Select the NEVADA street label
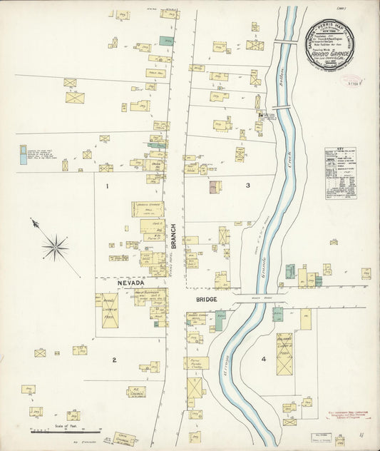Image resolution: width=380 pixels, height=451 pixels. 131,283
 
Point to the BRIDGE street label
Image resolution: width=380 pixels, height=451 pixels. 202,300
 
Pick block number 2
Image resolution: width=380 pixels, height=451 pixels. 113,360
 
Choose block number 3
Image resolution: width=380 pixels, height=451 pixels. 247,186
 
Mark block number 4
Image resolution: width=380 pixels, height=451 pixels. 263,359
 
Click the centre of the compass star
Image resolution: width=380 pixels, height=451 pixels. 55,248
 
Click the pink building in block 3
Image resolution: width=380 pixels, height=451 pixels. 214,186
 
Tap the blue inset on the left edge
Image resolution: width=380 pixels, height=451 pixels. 24,155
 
